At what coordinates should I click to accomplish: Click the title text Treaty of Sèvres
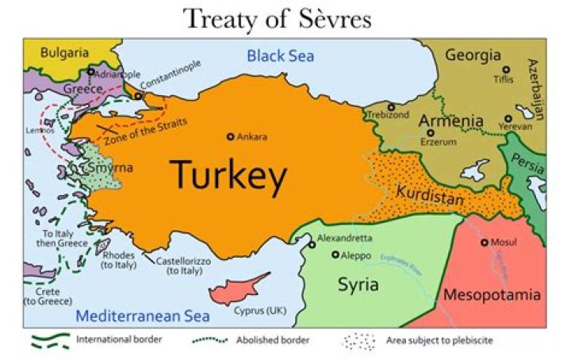[x=277, y=17]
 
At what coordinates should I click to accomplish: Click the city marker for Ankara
[x=231, y=136]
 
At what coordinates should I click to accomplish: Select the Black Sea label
[x=280, y=56]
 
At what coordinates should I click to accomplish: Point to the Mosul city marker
[x=485, y=243]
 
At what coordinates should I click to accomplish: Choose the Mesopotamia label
[x=491, y=295]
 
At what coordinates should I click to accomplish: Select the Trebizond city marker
[x=390, y=106]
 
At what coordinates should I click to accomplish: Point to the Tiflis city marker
[x=506, y=70]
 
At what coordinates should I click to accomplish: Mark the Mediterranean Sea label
[x=143, y=316]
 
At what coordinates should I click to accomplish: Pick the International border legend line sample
[x=50, y=340]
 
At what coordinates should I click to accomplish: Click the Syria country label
[x=358, y=285]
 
